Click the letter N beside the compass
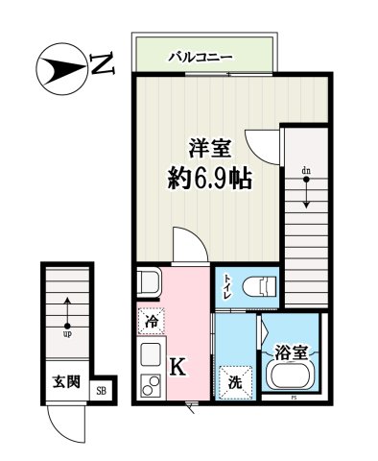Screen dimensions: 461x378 [x=102, y=66]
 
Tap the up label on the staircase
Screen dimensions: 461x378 [x=67, y=334]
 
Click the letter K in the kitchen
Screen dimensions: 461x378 [x=177, y=365]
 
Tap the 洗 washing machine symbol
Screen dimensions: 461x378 [x=233, y=380]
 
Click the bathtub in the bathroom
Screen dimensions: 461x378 [x=291, y=374]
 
